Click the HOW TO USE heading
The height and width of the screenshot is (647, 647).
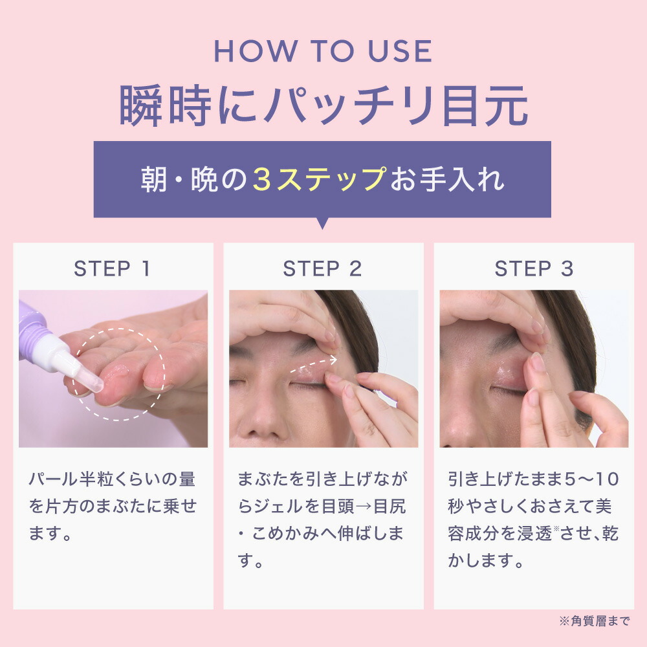pos(323,52)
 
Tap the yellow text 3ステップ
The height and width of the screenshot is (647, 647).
pos(320,180)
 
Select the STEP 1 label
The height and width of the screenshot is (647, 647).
pos(113,269)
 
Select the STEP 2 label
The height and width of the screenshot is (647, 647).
pos(323,269)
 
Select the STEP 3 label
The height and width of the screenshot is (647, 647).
pos(534,269)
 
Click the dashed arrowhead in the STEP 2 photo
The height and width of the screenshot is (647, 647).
pos(333,360)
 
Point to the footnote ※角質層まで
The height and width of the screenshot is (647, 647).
pos(594,622)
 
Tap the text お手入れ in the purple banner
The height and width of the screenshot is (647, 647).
pos(447,180)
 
